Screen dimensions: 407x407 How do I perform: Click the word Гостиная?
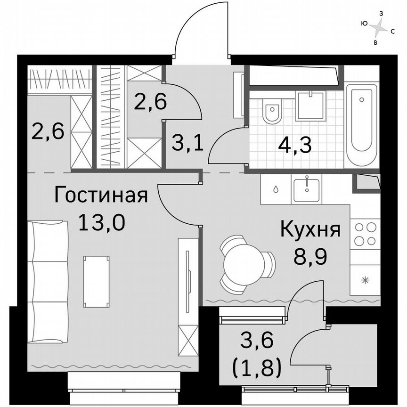coord(101,195)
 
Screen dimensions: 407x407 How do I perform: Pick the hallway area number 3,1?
coord(187,142)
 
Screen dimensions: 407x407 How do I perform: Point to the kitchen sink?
coord(307,188)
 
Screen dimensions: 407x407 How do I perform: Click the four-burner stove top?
coord(365,234)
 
